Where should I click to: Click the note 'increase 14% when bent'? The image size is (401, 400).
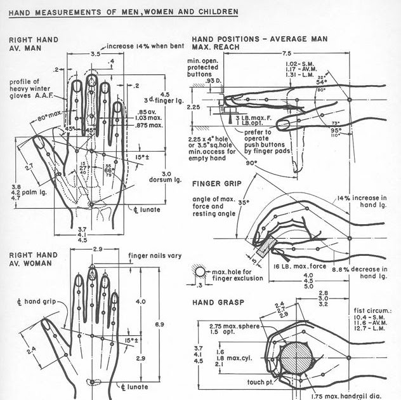coord(145,46)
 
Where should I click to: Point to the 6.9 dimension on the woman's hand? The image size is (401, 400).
coord(161,325)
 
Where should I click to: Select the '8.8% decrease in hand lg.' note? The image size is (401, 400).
coord(362,272)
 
